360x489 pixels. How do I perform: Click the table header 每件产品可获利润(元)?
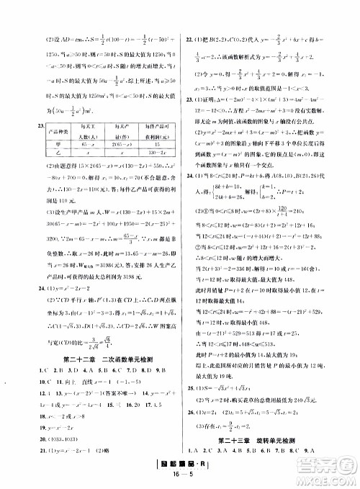tap(148, 117)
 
